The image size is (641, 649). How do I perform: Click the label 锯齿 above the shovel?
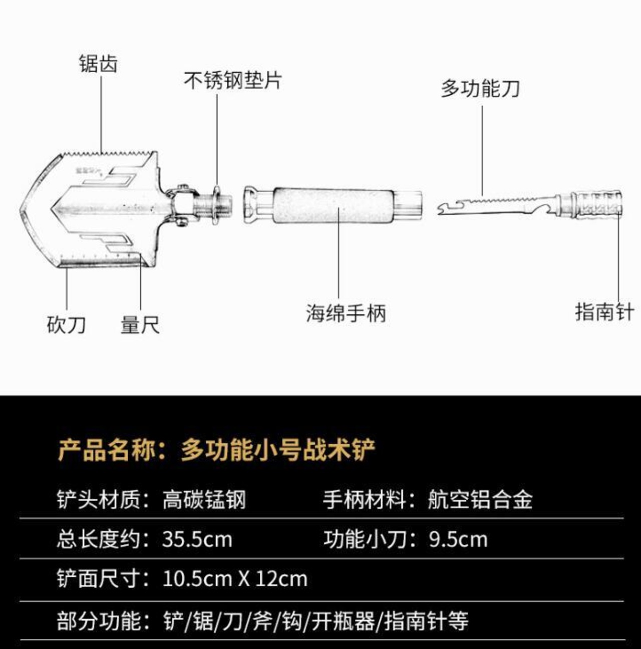click(98, 64)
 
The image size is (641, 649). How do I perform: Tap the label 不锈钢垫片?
click(233, 81)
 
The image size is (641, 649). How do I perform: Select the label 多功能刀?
click(480, 89)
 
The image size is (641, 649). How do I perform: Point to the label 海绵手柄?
click(346, 313)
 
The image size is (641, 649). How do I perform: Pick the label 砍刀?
click(67, 324)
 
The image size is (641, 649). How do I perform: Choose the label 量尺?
click(140, 324)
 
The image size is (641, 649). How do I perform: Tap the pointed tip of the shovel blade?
click(23, 210)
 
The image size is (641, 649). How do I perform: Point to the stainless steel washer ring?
click(217, 205)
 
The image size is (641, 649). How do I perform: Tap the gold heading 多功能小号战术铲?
click(278, 449)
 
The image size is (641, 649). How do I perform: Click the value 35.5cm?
click(197, 540)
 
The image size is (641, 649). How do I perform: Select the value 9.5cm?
click(458, 540)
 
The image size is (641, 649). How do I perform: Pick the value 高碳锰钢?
click(204, 500)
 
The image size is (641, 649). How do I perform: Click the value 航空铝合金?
click(480, 500)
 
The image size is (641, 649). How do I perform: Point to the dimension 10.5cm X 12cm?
click(235, 579)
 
